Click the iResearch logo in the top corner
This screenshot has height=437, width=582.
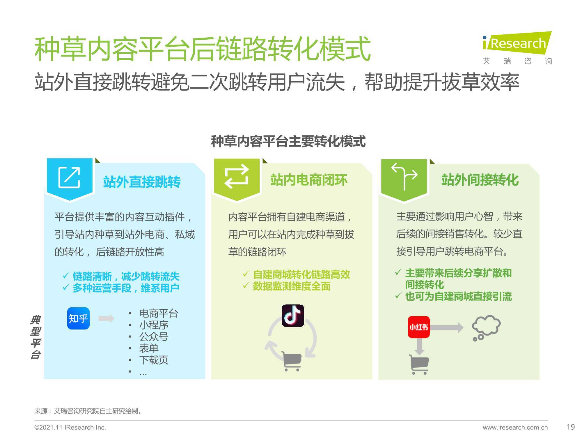pyautogui.click(x=517, y=48)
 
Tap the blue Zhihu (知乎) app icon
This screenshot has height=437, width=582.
pyautogui.click(x=78, y=318)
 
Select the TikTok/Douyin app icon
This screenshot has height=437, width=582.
pyautogui.click(x=293, y=316)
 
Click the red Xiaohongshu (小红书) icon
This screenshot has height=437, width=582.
pyautogui.click(x=419, y=327)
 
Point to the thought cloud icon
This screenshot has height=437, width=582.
pyautogui.click(x=486, y=328)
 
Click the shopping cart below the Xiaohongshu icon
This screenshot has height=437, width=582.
pyautogui.click(x=419, y=364)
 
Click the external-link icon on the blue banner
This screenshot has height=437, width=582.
pyautogui.click(x=69, y=177)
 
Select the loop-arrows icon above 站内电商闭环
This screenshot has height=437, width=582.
pyautogui.click(x=236, y=177)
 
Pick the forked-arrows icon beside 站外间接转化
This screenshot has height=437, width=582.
pyautogui.click(x=404, y=176)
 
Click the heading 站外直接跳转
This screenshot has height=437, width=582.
pyautogui.click(x=142, y=182)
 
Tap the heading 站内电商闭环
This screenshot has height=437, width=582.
pyautogui.click(x=309, y=180)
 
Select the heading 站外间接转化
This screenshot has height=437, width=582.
pyautogui.click(x=480, y=180)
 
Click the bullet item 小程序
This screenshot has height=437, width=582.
pyautogui.click(x=154, y=325)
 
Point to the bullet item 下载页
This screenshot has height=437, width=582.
pyautogui.click(x=154, y=360)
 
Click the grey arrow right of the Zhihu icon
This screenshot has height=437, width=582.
pyautogui.click(x=106, y=318)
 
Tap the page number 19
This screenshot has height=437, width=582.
pyautogui.click(x=571, y=427)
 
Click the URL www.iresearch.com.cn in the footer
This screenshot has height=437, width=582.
pyautogui.click(x=515, y=427)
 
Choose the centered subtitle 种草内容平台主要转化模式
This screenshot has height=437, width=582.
pyautogui.click(x=288, y=142)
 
